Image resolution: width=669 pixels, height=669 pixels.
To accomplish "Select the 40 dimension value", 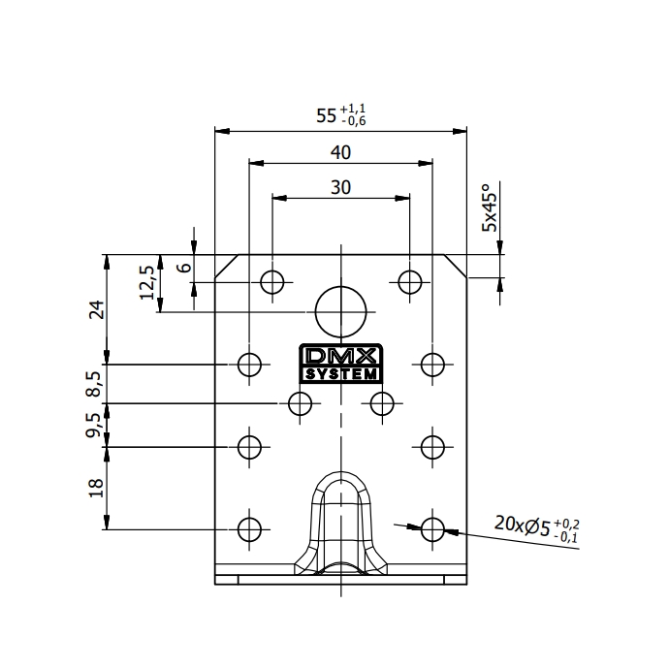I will point(340,152).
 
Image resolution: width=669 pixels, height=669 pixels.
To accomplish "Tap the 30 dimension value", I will point(340,187).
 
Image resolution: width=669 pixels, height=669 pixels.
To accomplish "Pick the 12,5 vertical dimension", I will point(147,282).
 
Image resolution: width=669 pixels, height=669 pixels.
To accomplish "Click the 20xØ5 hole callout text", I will point(529,526).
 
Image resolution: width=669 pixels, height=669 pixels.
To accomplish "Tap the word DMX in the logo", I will point(340,356).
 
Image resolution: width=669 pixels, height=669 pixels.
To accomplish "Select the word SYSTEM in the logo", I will point(340,374).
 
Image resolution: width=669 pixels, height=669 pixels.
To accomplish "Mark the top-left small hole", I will point(272,282).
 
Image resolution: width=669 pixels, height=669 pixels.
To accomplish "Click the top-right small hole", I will point(410,282).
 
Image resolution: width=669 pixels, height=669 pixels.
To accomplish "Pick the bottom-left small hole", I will point(250,528).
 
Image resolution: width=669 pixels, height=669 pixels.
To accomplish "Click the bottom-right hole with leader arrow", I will point(432,528).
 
